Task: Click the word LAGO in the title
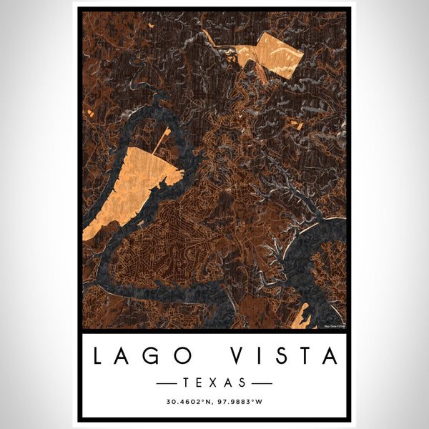142,355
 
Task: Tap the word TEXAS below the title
214,382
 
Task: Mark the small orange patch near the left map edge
89,113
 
